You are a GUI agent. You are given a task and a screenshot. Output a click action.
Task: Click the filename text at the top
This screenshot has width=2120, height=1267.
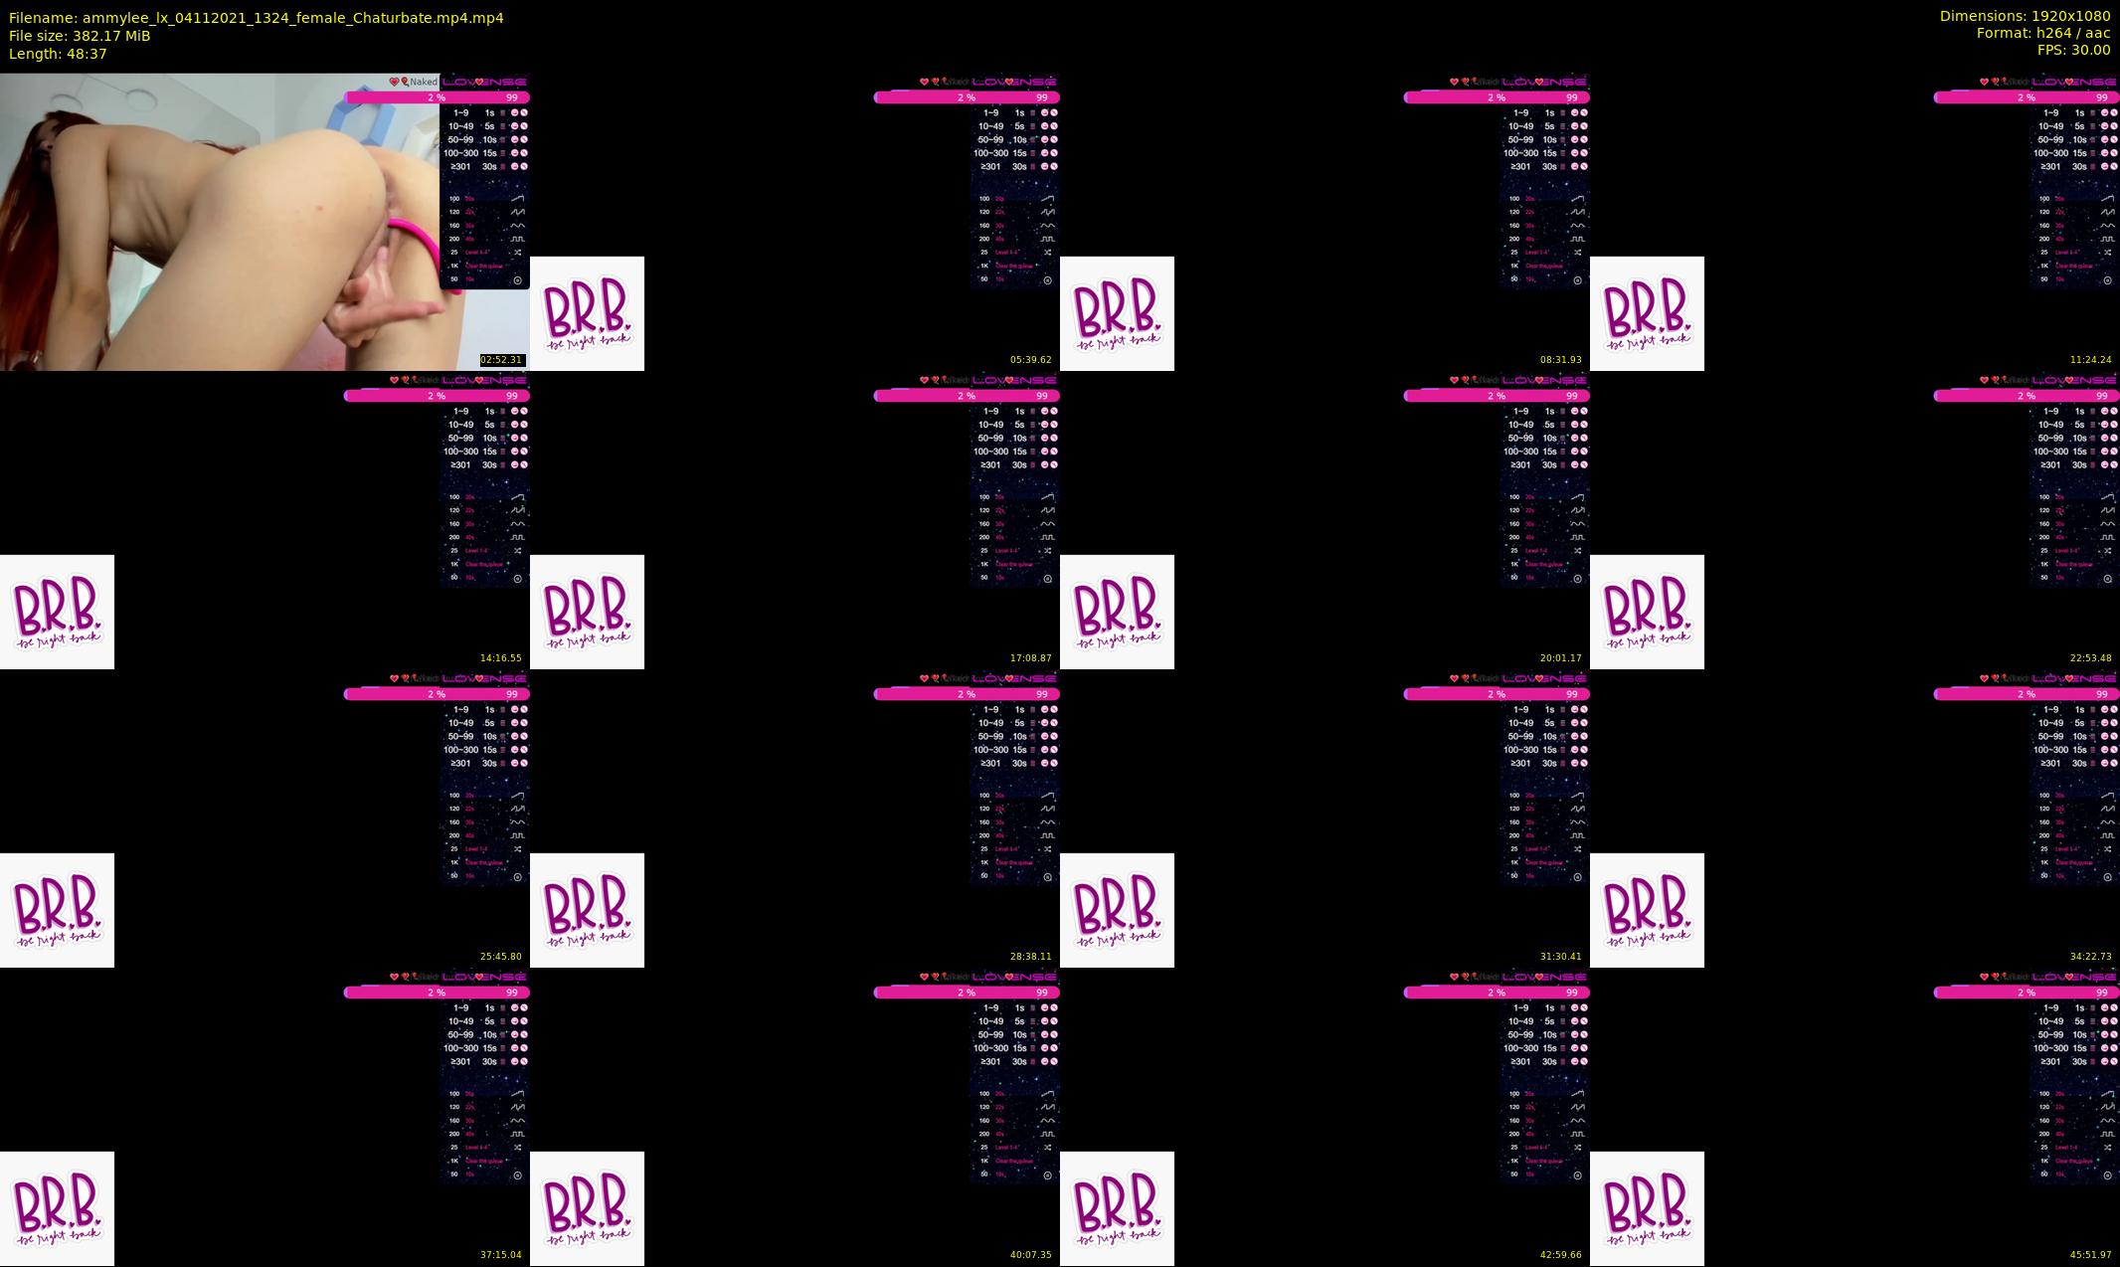coord(256,18)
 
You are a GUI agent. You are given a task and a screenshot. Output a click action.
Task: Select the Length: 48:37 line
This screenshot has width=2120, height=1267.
coord(58,54)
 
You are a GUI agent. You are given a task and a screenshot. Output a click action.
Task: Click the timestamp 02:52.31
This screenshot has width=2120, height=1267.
coord(501,360)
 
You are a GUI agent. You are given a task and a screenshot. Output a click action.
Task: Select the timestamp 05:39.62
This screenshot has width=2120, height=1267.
coord(1030,360)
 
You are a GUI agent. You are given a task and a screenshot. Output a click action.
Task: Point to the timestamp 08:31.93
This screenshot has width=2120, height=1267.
coord(1560,360)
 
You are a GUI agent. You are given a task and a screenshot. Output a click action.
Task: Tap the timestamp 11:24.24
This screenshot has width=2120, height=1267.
coord(2090,360)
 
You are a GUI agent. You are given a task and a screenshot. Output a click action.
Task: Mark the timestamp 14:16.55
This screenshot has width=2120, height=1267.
coord(501,658)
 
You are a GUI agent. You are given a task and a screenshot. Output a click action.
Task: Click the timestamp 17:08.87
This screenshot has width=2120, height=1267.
coord(1030,658)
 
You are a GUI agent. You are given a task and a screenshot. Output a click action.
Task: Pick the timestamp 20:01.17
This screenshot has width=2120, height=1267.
coord(1560,658)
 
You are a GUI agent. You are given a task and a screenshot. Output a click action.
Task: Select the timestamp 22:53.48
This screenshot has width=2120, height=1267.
coord(2090,658)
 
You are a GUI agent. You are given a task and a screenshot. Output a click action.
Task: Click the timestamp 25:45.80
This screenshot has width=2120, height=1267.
coord(501,957)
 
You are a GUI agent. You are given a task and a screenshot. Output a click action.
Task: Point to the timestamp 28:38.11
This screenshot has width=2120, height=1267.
coord(1030,957)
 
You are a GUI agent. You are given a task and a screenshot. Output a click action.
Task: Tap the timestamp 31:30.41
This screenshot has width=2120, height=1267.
coord(1560,957)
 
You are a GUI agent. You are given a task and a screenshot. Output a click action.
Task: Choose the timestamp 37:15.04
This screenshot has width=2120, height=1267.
coord(501,1255)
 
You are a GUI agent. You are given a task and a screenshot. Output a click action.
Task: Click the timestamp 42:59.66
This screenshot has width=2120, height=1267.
coord(1560,1255)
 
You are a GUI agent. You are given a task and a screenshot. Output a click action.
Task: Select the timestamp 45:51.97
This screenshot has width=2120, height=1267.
coord(2090,1255)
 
